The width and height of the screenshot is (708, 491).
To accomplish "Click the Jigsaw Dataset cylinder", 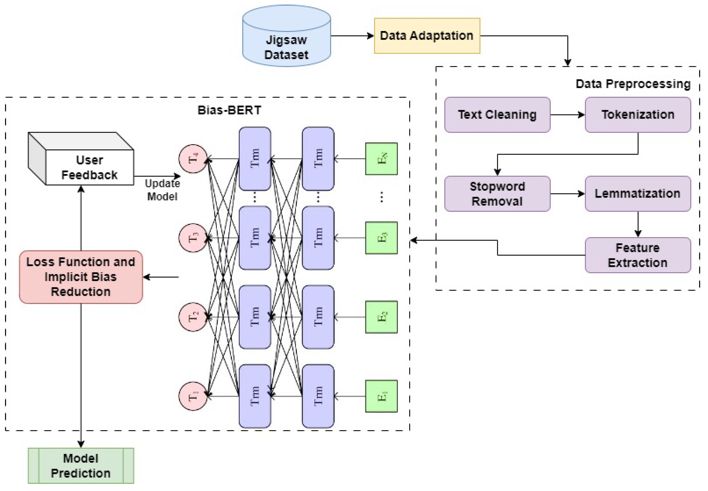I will pyautogui.click(x=286, y=40).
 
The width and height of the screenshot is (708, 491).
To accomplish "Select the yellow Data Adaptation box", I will pyautogui.click(x=427, y=36).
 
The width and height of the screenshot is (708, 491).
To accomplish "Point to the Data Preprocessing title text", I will pyautogui.click(x=633, y=84).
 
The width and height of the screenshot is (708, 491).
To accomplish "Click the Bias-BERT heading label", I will pyautogui.click(x=229, y=110).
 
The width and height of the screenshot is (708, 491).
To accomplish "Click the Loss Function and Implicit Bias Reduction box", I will pyautogui.click(x=81, y=277).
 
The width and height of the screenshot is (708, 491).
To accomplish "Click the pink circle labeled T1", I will pyautogui.click(x=193, y=396).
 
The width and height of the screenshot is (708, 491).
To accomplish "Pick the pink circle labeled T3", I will pyautogui.click(x=193, y=238).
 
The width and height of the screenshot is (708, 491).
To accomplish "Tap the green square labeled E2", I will pyautogui.click(x=381, y=317).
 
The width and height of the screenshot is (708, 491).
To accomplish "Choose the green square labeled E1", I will pyautogui.click(x=381, y=396).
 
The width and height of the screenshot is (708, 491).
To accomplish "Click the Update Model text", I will pyautogui.click(x=162, y=190).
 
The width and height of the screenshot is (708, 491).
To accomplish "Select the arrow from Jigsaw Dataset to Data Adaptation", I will pyautogui.click(x=352, y=36).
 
